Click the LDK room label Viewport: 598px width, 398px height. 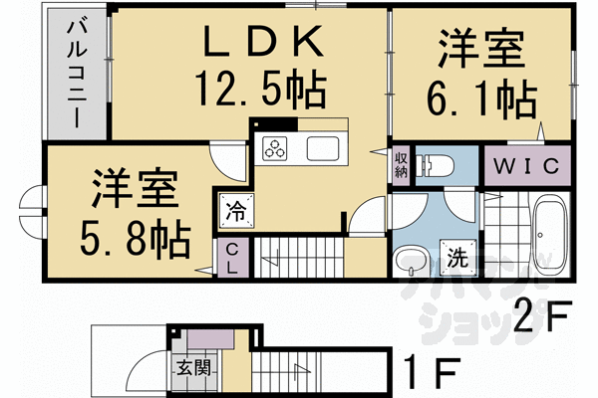click(263, 43)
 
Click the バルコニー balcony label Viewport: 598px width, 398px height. click(74, 76)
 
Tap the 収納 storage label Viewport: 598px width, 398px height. click(400, 164)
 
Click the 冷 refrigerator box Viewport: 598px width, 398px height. click(235, 210)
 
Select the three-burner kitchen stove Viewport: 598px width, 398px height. click(275, 150)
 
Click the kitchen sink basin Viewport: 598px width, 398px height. click(325, 150)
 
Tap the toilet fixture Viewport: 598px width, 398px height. click(437, 164)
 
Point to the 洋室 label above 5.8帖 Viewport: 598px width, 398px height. click(136, 188)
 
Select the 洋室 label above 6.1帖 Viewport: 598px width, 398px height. click(481, 51)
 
